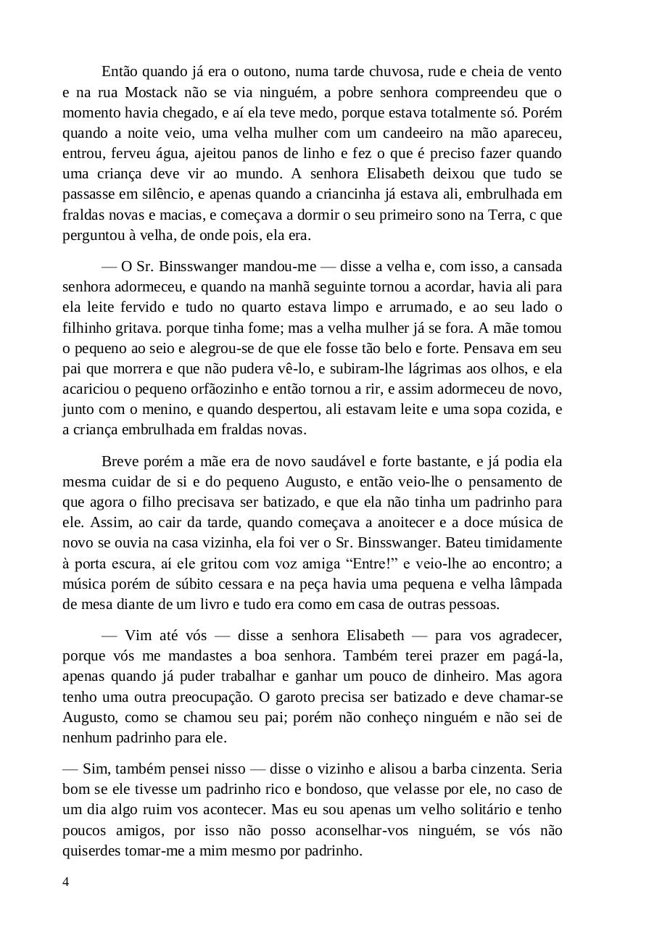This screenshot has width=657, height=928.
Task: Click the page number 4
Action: (66, 882)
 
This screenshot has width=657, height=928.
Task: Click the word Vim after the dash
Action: (139, 636)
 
